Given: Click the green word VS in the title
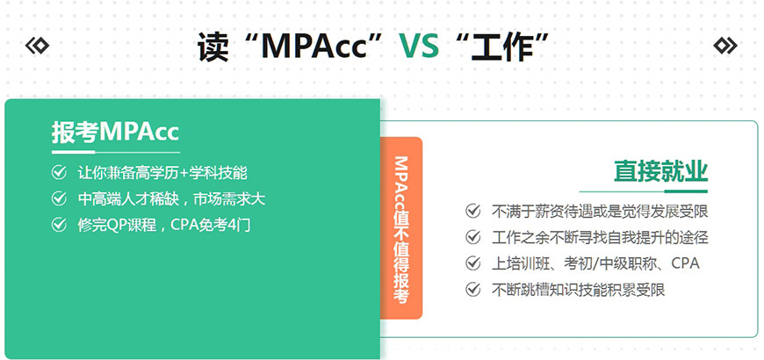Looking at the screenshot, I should (x=419, y=46).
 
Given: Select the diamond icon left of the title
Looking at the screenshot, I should (x=37, y=46).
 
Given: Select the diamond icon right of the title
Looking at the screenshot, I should (x=725, y=46).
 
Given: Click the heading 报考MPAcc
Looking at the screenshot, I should (x=115, y=133).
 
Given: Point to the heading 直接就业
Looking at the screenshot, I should (x=660, y=171).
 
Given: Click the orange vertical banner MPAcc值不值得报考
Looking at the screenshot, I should (x=400, y=228).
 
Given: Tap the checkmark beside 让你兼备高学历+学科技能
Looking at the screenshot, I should (x=59, y=173).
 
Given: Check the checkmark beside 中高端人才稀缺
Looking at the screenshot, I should (x=59, y=199).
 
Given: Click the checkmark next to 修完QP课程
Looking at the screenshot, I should (x=59, y=226).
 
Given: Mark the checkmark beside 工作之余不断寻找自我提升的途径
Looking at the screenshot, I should (x=473, y=237).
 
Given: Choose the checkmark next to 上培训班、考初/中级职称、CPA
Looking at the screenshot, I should (x=473, y=263).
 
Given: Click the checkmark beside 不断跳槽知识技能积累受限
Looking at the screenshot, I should (x=473, y=290).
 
